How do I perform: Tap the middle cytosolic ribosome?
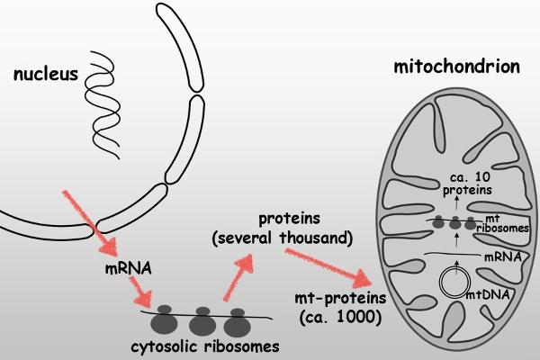(202, 320)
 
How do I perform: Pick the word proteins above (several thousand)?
(299, 219)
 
